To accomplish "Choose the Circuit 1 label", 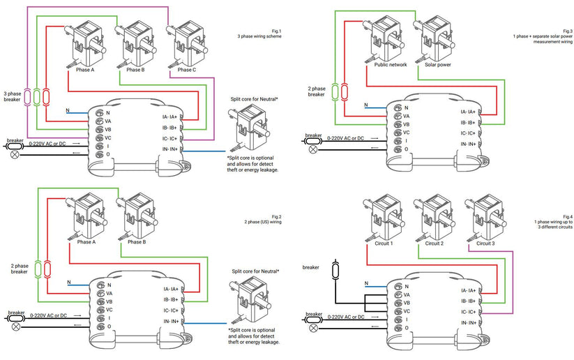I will pyautogui.click(x=380, y=244).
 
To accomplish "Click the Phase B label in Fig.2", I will pyautogui.click(x=135, y=242).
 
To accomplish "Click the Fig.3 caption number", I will pyautogui.click(x=567, y=31).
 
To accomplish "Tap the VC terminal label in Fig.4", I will pyautogui.click(x=406, y=311).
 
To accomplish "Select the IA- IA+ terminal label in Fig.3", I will pyautogui.click(x=468, y=112).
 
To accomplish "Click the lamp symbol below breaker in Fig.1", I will pyautogui.click(x=13, y=153).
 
